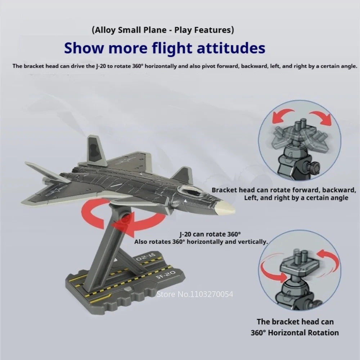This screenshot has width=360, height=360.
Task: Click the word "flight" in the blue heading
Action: coord(172,48)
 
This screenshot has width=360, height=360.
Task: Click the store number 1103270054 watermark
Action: coord(195,294)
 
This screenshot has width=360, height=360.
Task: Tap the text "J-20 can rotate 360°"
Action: coord(210,234)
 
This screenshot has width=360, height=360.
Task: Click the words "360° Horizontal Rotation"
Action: coord(294,332)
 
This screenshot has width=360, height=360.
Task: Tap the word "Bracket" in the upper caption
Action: coord(225,190)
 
